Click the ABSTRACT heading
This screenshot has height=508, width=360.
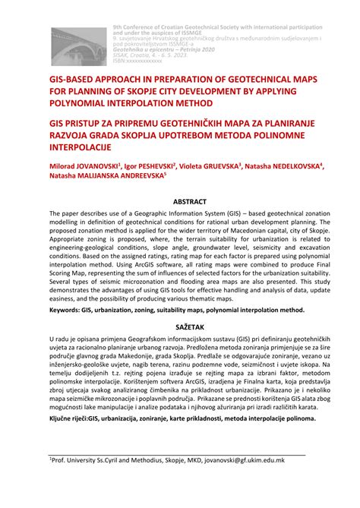179,203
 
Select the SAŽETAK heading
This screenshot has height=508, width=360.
179,320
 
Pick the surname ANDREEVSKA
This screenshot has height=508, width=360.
132,176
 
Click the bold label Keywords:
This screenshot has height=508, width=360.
67,310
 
